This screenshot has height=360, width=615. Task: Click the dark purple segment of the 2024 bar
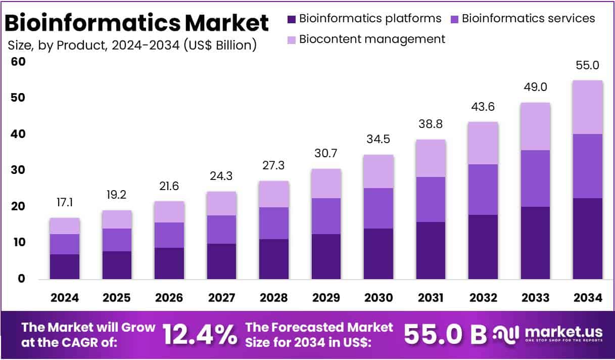[65, 266]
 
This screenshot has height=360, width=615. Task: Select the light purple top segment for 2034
[588, 107]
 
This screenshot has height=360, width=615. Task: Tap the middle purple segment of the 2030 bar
[379, 208]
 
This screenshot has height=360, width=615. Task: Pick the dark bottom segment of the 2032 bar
[483, 247]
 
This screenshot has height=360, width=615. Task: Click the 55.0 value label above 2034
[588, 65]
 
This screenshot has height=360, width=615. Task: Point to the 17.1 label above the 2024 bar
[65, 203]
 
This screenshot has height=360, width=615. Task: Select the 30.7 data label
[326, 154]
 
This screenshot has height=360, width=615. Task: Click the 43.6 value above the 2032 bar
[483, 107]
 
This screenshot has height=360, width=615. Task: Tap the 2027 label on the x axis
[221, 298]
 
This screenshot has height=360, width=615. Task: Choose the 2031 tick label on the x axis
[431, 298]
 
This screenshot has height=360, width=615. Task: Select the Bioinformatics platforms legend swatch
[292, 19]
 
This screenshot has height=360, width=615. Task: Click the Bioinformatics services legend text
[528, 19]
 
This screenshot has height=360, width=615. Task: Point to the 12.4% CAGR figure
[200, 334]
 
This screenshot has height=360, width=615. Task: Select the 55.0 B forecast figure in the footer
[445, 334]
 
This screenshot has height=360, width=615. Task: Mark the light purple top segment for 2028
[274, 194]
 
